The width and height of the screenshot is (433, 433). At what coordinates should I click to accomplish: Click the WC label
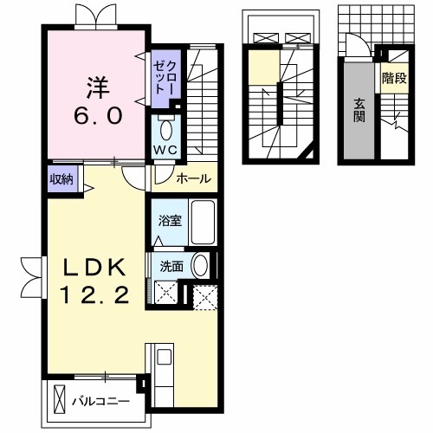[x=165, y=150]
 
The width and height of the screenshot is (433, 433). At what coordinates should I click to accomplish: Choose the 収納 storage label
[x=61, y=179]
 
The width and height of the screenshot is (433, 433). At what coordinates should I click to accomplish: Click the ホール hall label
[x=191, y=179]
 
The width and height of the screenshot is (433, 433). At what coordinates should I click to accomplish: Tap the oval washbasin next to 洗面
[x=200, y=266]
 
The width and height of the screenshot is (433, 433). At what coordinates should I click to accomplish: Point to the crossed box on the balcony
[x=60, y=400]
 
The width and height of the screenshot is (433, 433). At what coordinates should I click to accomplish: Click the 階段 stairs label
[x=394, y=78]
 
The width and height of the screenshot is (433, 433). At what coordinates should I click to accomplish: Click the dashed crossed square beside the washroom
[x=204, y=298]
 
